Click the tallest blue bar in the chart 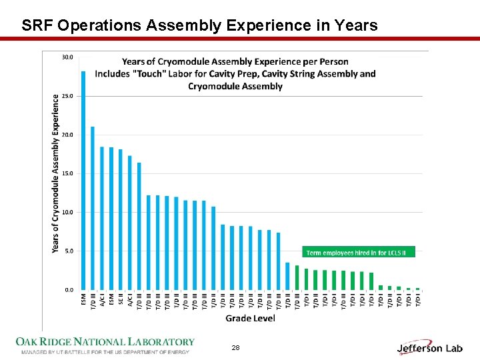pyautogui.click(x=83, y=180)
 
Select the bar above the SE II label pyautogui.click(x=121, y=220)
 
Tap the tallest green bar pyautogui.click(x=297, y=277)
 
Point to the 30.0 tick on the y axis pyautogui.click(x=67, y=57)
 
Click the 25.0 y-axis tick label pyautogui.click(x=67, y=96)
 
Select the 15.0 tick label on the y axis pyautogui.click(x=67, y=173)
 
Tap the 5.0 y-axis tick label pyautogui.click(x=69, y=251)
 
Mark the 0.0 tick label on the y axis pyautogui.click(x=69, y=290)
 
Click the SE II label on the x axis pyautogui.click(x=121, y=301)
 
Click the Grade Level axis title pyautogui.click(x=250, y=318)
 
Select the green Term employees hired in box pyautogui.click(x=359, y=252)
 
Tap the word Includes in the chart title pyautogui.click(x=112, y=74)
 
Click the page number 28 pyautogui.click(x=235, y=348)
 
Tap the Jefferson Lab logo pyautogui.click(x=429, y=347)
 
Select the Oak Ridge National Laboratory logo pyautogui.click(x=105, y=345)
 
